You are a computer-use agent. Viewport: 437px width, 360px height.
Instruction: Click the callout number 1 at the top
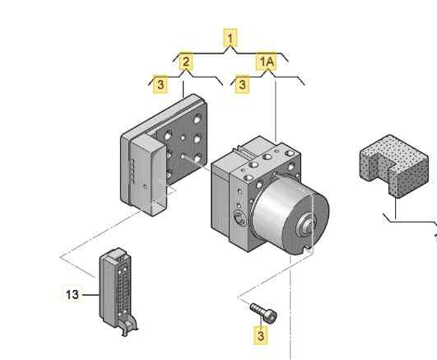pyautogui.click(x=230, y=38)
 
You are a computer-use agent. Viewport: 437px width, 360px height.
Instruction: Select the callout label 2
pyautogui.click(x=186, y=62)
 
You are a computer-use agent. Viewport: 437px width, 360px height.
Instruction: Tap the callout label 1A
pyautogui.click(x=267, y=61)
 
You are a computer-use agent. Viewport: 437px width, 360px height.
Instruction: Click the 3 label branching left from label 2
pyautogui.click(x=160, y=84)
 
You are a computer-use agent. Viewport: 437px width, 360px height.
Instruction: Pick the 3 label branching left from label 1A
pyautogui.click(x=243, y=84)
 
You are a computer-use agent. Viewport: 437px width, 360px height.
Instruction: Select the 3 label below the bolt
pyautogui.click(x=261, y=335)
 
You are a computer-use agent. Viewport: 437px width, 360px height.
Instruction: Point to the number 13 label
pyautogui.click(x=72, y=294)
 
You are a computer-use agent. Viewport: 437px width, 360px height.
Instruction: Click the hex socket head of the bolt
pyautogui.click(x=270, y=316)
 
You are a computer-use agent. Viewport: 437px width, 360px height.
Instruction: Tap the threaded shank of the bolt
pyautogui.click(x=258, y=308)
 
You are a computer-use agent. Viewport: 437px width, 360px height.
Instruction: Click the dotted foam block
pyautogui.click(x=393, y=166)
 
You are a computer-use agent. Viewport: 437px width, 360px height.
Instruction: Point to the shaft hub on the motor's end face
pyautogui.click(x=307, y=222)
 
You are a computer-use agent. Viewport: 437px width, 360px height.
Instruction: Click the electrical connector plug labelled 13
pyautogui.click(x=117, y=290)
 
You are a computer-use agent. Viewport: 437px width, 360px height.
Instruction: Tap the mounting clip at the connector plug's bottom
pyautogui.click(x=129, y=325)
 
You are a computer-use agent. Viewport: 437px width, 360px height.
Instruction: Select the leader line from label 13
pyautogui.click(x=90, y=294)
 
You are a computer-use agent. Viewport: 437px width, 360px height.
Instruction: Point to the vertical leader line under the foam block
pyautogui.click(x=395, y=208)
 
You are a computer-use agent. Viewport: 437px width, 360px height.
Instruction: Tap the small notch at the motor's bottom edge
pyautogui.click(x=307, y=246)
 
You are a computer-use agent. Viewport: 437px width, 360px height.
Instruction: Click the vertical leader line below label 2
pyautogui.click(x=183, y=89)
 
